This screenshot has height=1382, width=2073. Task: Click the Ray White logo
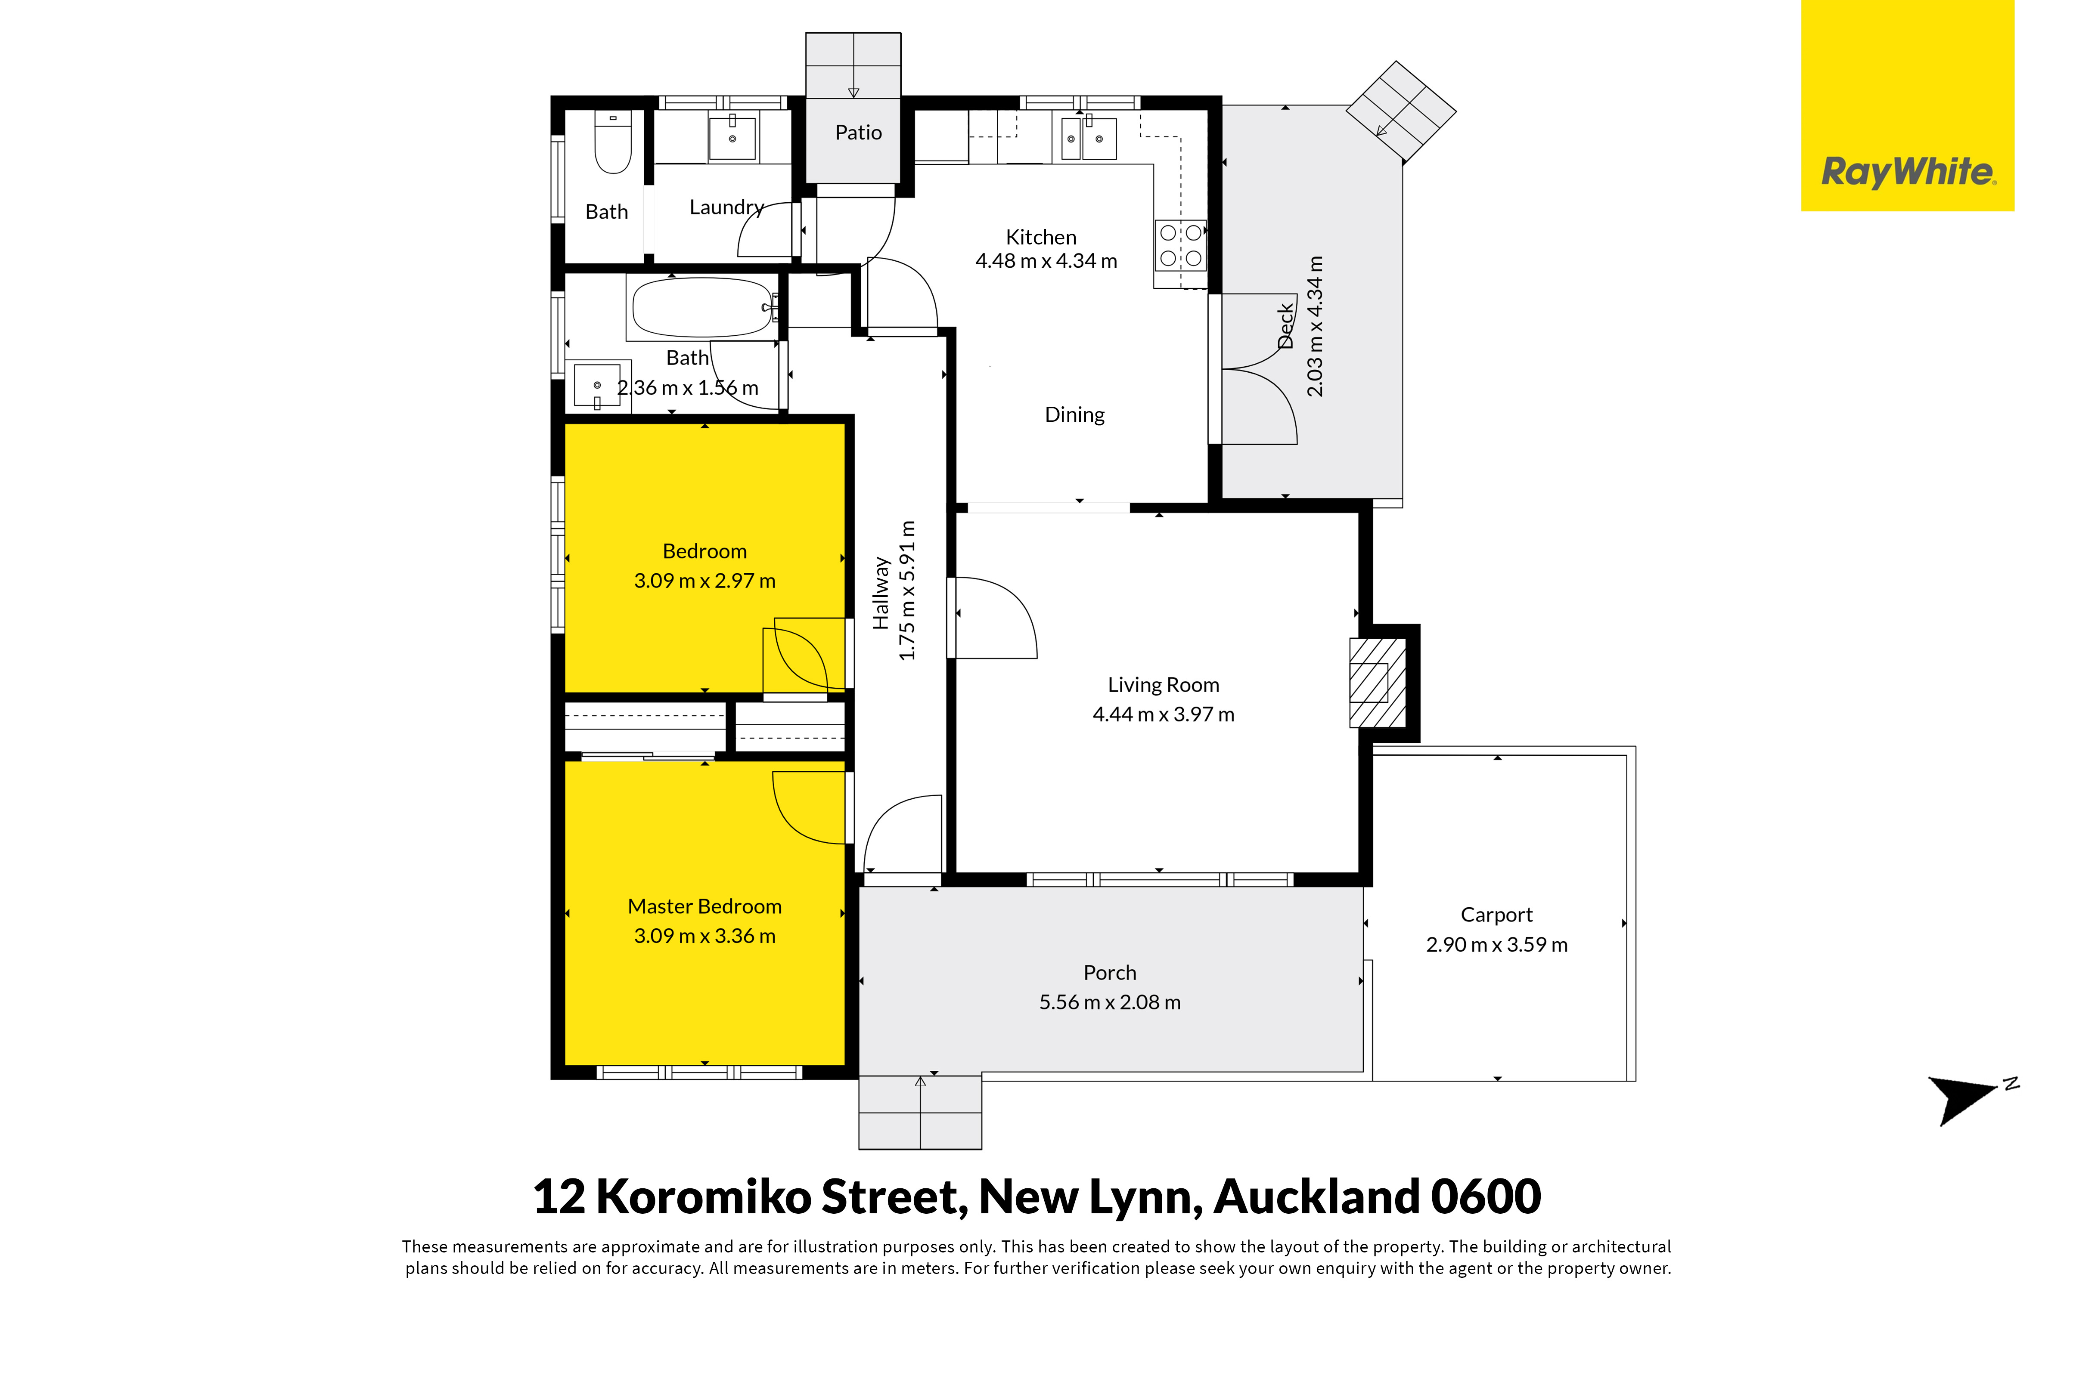(x=1907, y=106)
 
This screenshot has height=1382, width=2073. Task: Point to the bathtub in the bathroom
(x=703, y=309)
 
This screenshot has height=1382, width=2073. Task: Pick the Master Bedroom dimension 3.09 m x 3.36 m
(x=704, y=936)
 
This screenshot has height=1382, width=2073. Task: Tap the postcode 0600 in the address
(x=1486, y=1197)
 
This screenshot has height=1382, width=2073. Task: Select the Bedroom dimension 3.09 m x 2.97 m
(x=704, y=581)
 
